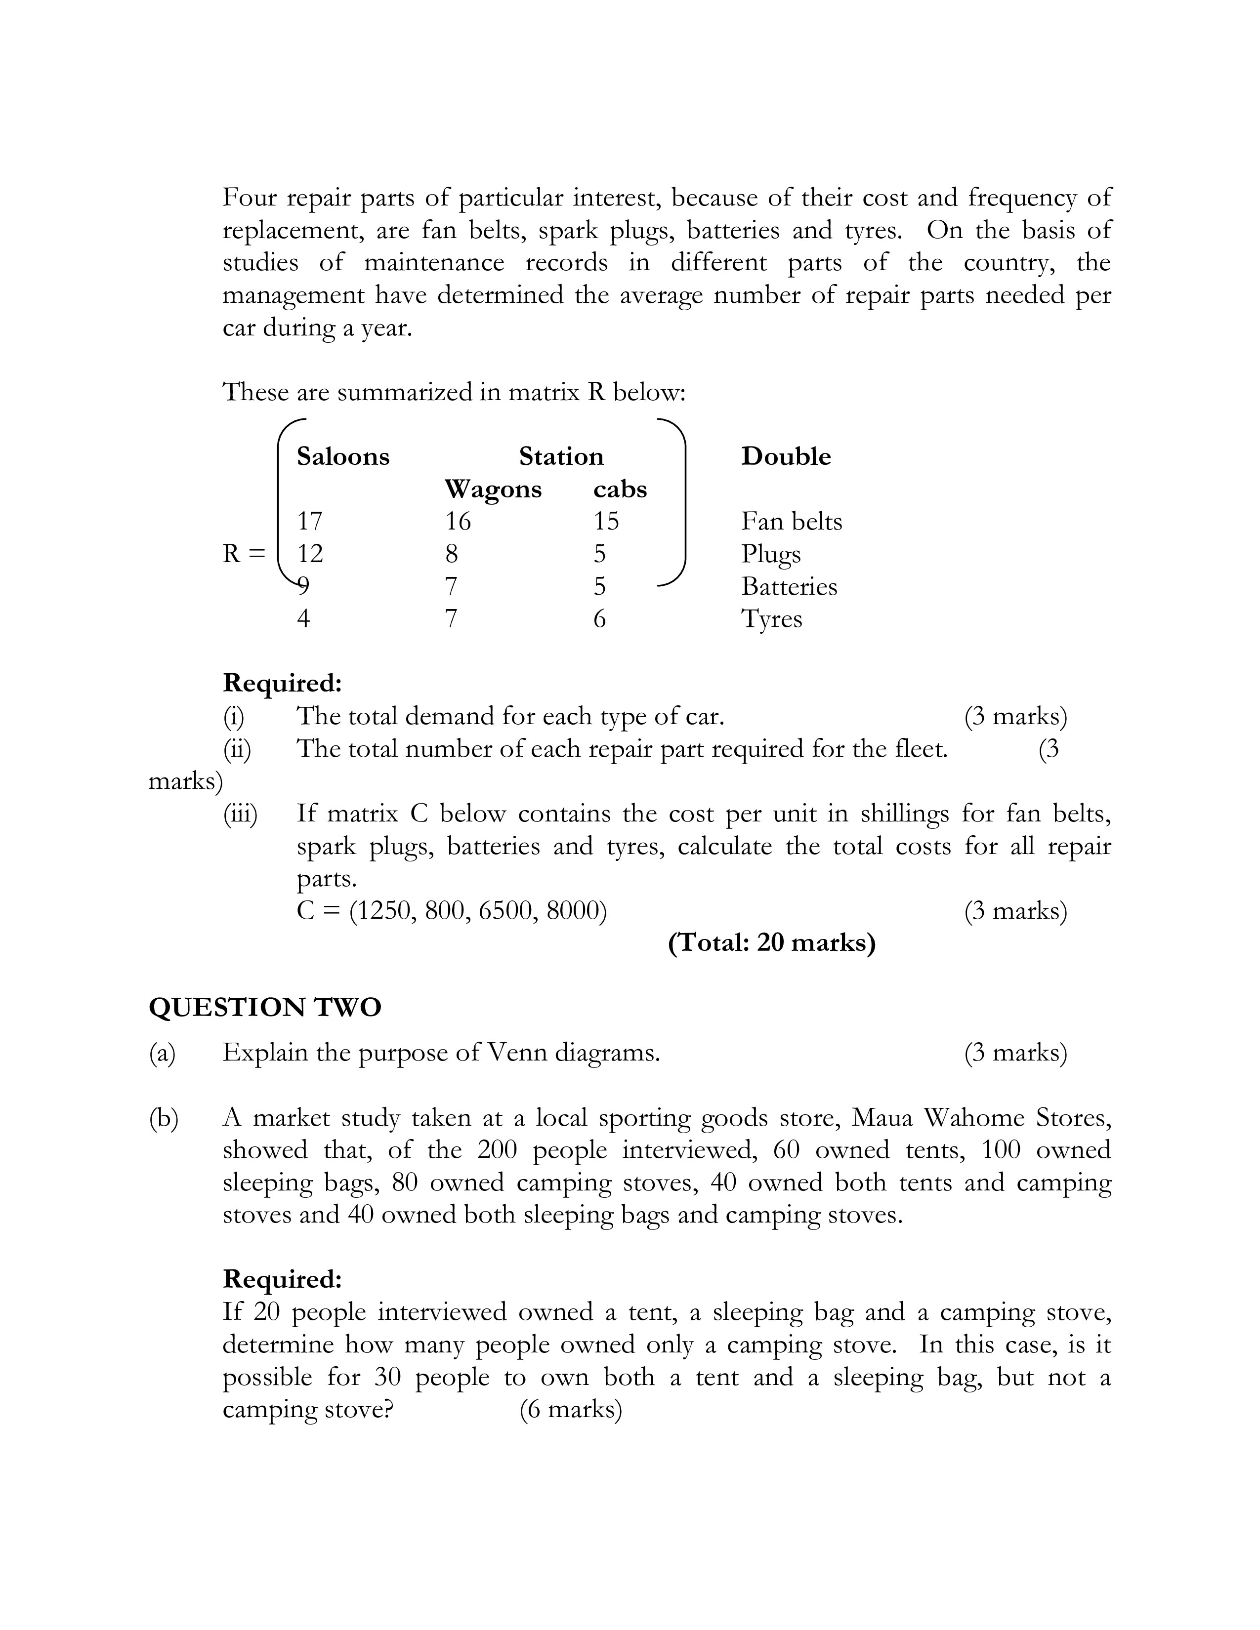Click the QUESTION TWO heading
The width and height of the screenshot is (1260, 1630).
pyautogui.click(x=265, y=1008)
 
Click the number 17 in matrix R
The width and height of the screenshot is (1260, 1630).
pyautogui.click(x=310, y=521)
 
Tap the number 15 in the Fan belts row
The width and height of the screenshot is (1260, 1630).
pyautogui.click(x=606, y=521)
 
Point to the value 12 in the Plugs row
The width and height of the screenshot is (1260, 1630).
pyautogui.click(x=310, y=554)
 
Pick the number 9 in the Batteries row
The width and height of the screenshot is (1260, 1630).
pyautogui.click(x=303, y=587)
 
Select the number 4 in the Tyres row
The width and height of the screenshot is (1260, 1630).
pyautogui.click(x=303, y=619)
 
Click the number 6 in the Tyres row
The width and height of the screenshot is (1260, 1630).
pyautogui.click(x=599, y=619)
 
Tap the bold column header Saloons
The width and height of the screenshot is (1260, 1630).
pyautogui.click(x=342, y=456)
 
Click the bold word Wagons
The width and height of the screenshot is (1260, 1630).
pyautogui.click(x=493, y=489)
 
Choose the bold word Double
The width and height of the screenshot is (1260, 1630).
pyautogui.click(x=785, y=456)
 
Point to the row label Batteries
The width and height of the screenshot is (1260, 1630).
pyautogui.click(x=789, y=587)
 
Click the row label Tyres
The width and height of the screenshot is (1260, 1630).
pyautogui.click(x=771, y=619)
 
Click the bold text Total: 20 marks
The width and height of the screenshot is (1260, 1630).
pyautogui.click(x=771, y=942)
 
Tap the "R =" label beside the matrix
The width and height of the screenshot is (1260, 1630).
pyautogui.click(x=243, y=554)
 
